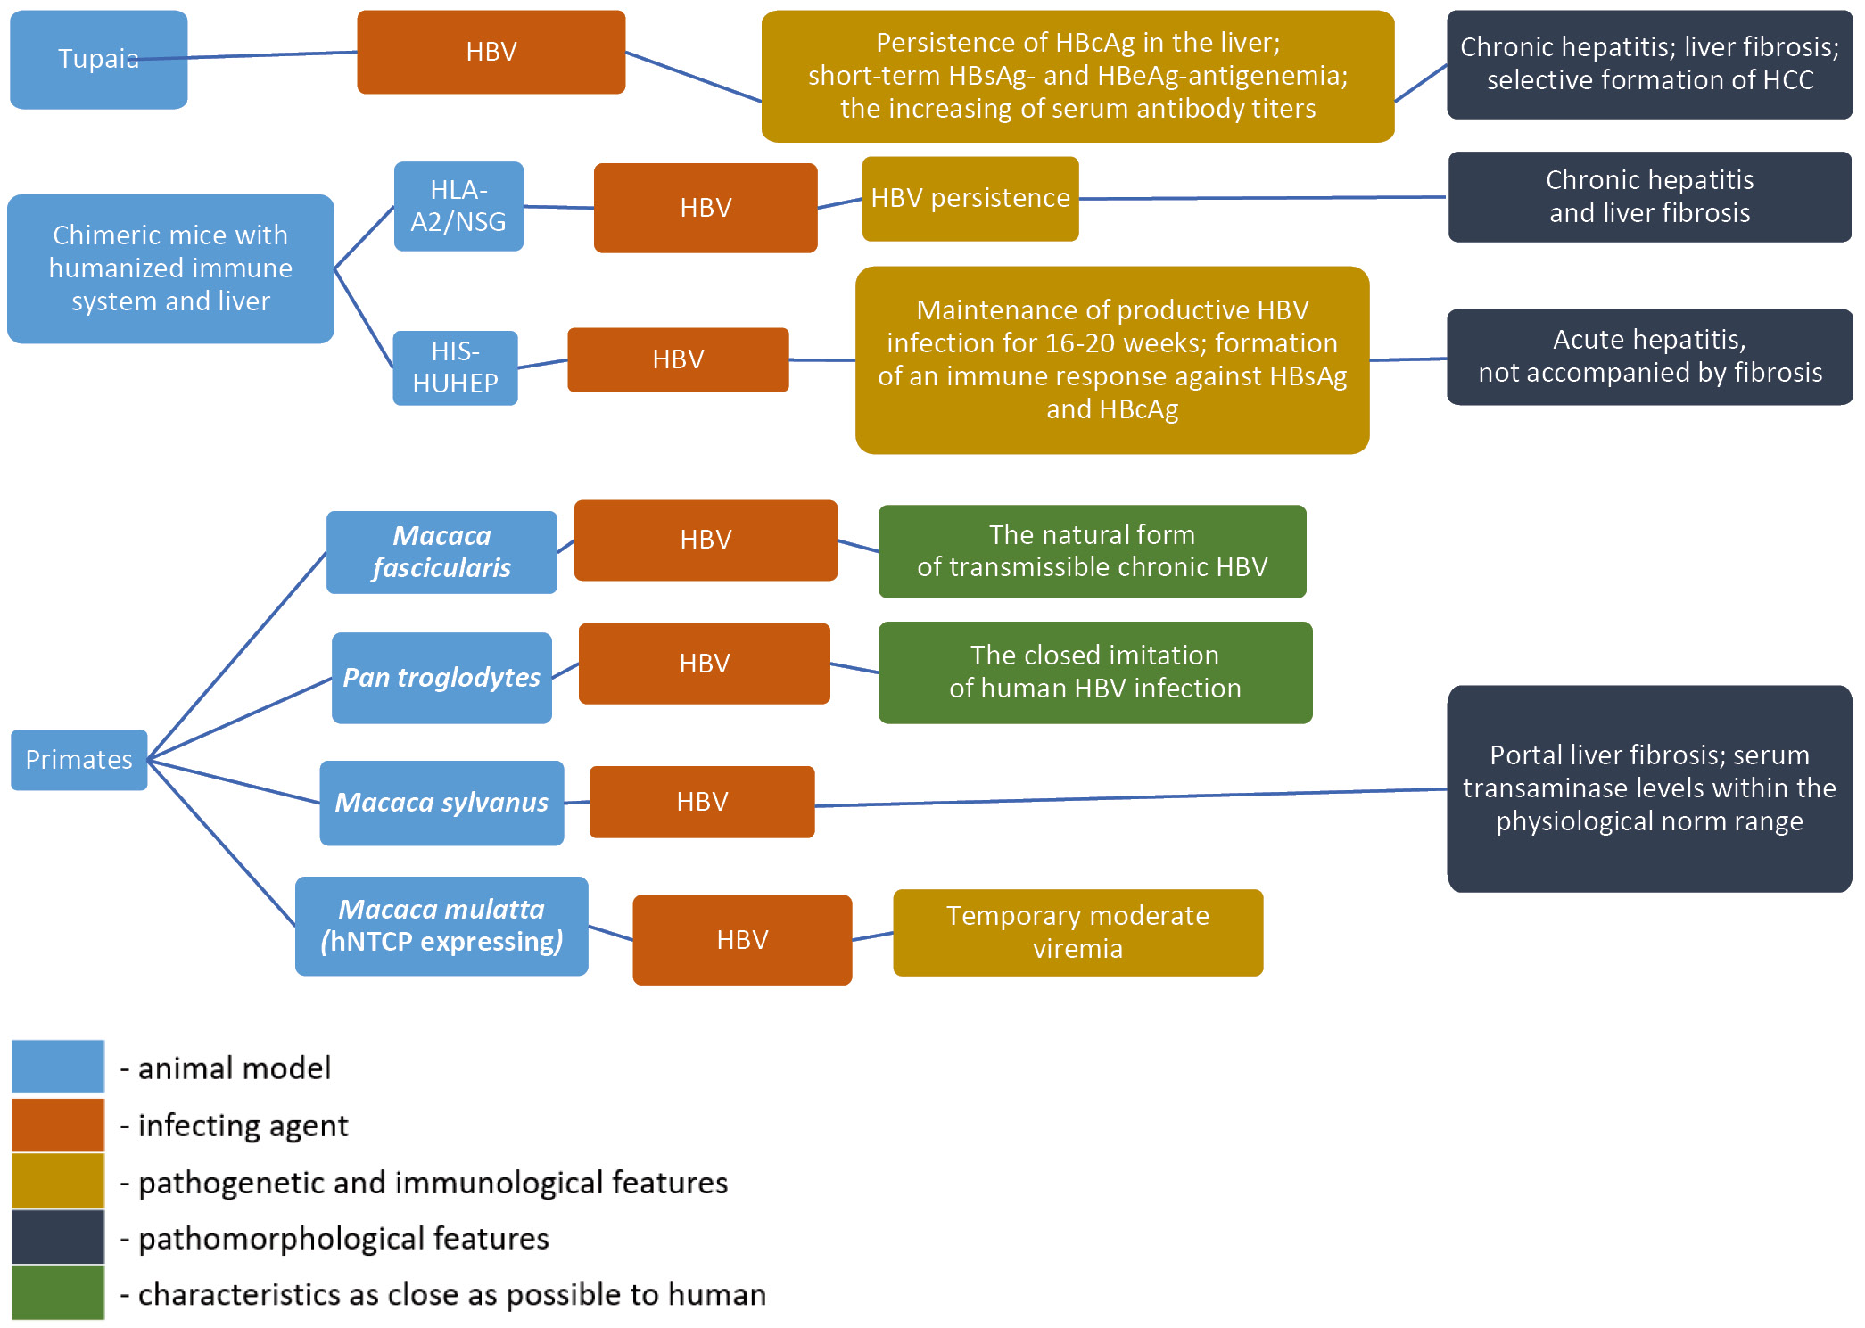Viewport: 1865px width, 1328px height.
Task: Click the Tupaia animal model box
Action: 98,59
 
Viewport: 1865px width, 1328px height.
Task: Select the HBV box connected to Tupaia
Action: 491,52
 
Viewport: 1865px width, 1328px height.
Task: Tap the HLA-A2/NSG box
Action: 458,206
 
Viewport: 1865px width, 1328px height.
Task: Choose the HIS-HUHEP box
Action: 455,367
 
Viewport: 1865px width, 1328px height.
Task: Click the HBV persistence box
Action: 970,198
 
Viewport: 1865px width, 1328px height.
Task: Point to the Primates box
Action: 78,760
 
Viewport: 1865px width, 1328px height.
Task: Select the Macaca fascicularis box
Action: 441,552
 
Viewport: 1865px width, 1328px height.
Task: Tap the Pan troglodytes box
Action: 441,678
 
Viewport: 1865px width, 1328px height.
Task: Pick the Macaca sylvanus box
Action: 441,803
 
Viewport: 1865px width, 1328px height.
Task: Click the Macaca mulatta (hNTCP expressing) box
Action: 441,926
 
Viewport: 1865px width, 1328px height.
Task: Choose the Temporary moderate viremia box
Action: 1077,932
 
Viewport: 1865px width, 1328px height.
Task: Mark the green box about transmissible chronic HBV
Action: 1092,551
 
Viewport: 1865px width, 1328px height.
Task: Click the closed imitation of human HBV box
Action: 1094,672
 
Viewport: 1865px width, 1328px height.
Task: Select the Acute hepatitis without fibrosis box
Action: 1649,357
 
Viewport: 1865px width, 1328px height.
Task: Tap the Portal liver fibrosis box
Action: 1649,788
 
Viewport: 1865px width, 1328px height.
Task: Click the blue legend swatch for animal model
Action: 58,1066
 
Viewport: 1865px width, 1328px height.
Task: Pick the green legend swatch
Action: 58,1292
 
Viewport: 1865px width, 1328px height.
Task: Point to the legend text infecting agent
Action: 243,1126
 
